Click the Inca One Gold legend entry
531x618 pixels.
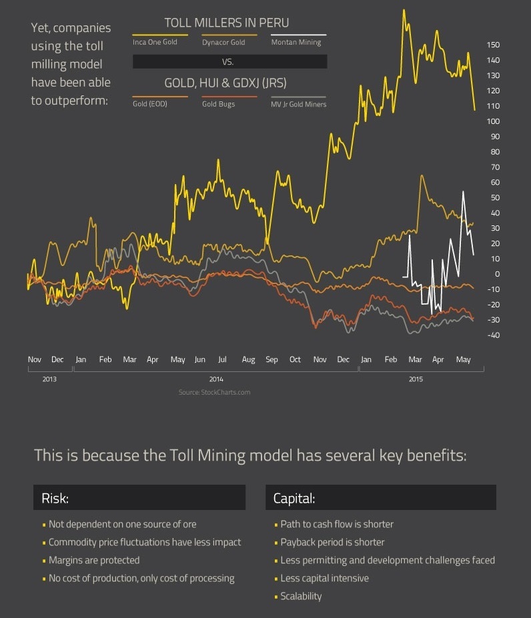point(155,42)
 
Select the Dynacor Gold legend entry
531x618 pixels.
point(223,42)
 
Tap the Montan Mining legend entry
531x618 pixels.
point(296,42)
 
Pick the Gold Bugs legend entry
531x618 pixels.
point(218,104)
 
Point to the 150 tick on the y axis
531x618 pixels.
point(494,45)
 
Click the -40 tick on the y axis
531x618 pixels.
point(494,335)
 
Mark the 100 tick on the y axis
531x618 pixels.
point(494,121)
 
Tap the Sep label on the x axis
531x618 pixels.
point(272,359)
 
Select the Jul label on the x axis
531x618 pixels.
point(222,359)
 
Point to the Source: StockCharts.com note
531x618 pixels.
point(214,392)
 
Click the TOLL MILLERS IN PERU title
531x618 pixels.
point(227,23)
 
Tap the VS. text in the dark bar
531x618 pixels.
point(229,61)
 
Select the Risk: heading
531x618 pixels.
point(55,498)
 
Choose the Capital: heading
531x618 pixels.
point(294,498)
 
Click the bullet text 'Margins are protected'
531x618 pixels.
point(94,560)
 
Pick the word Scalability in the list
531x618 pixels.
point(301,596)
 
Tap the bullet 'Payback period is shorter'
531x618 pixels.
point(332,542)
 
